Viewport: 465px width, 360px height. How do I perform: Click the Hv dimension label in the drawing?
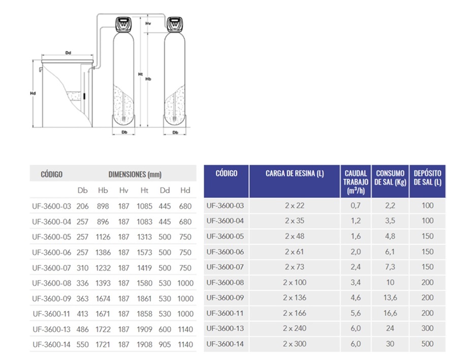[148, 23]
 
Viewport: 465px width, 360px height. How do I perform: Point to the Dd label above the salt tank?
[68, 53]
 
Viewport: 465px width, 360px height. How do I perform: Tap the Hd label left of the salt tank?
[33, 93]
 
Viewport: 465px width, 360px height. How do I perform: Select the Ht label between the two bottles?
[140, 74]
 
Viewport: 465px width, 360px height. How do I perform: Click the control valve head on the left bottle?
[123, 24]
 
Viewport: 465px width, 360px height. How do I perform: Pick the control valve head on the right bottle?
[175, 24]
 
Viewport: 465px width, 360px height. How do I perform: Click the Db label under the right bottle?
[175, 132]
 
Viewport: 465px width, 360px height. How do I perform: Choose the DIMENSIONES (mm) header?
[135, 174]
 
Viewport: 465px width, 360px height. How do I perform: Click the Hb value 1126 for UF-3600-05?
[103, 237]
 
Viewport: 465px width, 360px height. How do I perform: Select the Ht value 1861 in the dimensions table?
[144, 298]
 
